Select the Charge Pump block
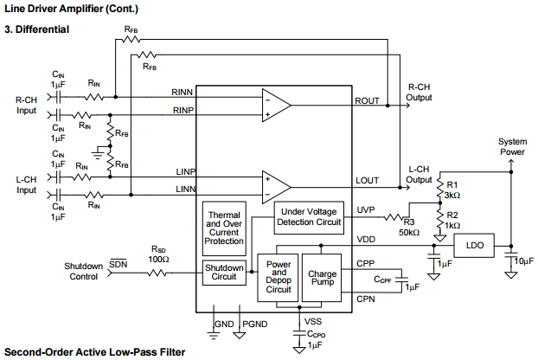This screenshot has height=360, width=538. tap(322, 279)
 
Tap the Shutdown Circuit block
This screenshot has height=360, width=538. tap(224, 272)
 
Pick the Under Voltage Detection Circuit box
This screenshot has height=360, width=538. tap(312, 216)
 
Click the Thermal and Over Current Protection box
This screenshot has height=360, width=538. tap(224, 228)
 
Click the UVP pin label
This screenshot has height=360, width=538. tap(365, 210)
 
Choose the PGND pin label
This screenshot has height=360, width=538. tap(252, 323)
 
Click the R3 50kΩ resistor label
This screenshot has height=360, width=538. tap(408, 228)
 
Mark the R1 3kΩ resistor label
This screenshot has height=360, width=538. tap(453, 190)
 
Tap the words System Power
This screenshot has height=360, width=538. tap(511, 146)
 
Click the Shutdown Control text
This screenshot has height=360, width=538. tap(84, 271)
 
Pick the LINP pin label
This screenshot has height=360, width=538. tap(187, 170)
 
